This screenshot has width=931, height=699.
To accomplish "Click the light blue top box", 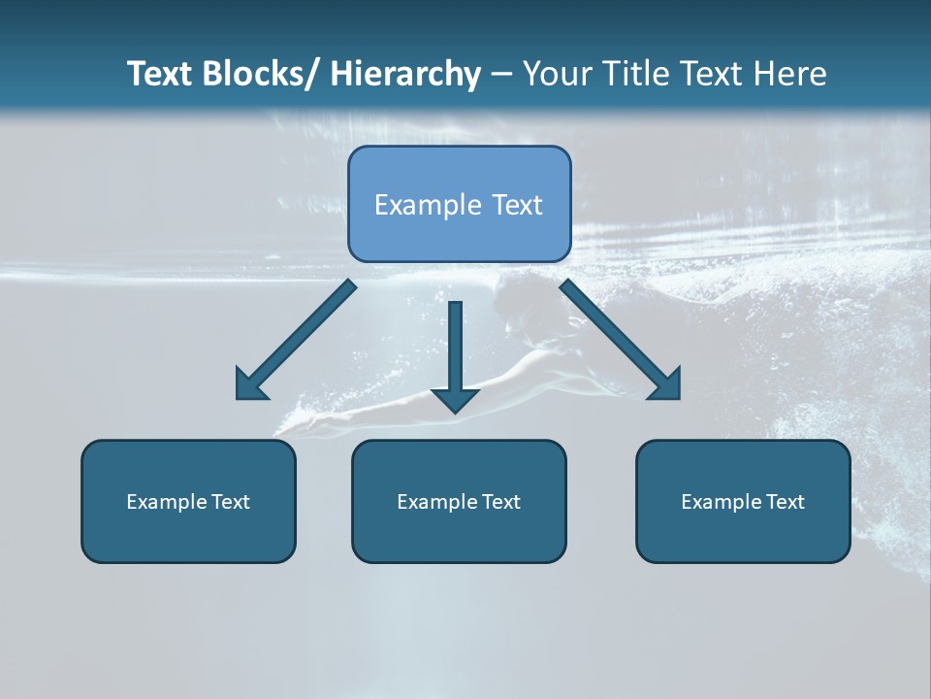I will pyautogui.click(x=459, y=204).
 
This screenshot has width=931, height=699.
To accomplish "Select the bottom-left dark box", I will pyautogui.click(x=188, y=501).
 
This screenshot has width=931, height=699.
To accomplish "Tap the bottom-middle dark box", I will pyautogui.click(x=459, y=501).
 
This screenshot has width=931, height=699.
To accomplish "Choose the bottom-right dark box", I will pyautogui.click(x=743, y=501).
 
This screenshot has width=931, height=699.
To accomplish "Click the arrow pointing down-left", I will pyautogui.click(x=296, y=341).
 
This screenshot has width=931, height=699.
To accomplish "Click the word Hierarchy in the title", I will pyautogui.click(x=404, y=74).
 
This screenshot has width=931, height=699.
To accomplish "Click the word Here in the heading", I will pyautogui.click(x=790, y=74).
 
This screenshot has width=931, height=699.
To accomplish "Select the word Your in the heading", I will pyautogui.click(x=558, y=74).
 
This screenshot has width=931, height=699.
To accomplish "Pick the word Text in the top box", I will pyautogui.click(x=515, y=205).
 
